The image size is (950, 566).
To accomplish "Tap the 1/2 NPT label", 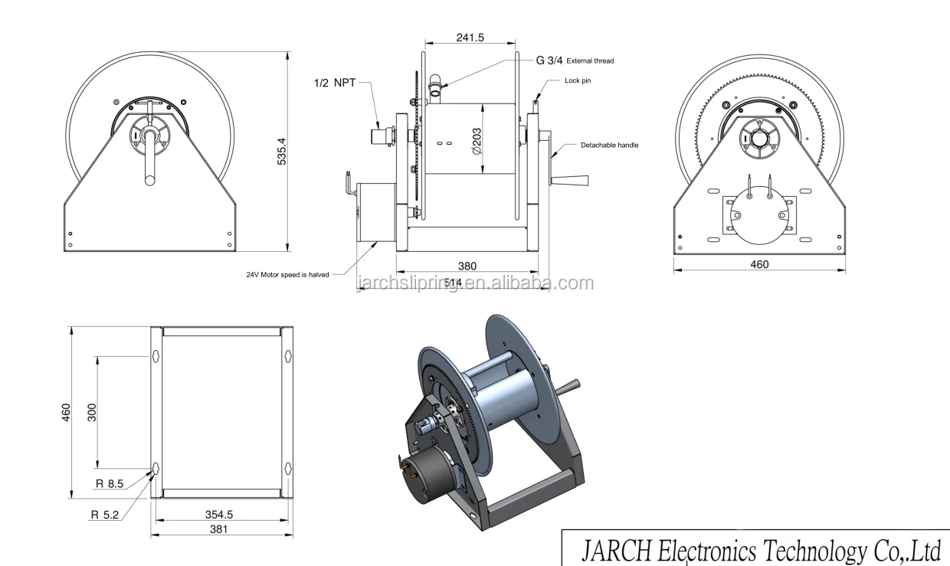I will click(x=335, y=83).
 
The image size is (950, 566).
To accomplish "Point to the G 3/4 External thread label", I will click(x=575, y=60).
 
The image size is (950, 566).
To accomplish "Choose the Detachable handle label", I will click(x=609, y=145).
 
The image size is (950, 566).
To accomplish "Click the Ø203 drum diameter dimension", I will click(x=478, y=142).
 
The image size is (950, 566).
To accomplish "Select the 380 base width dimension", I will click(x=467, y=267).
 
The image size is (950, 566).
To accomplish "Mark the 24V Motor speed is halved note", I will click(x=288, y=274).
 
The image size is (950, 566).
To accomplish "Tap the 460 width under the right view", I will click(x=759, y=264).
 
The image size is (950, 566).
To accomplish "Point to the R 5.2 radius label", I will click(x=105, y=515).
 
